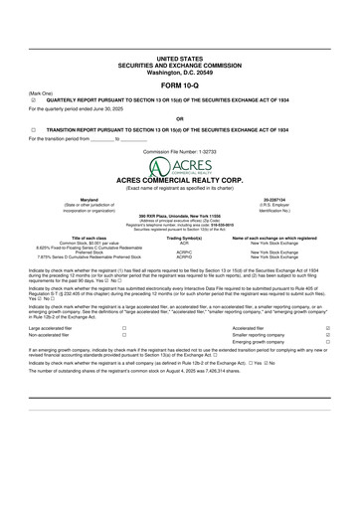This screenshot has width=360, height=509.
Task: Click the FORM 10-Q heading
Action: click(x=179, y=84)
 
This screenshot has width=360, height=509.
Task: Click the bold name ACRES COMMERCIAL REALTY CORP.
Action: click(x=179, y=180)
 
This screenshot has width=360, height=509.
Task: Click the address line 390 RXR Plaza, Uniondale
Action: click(x=179, y=216)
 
